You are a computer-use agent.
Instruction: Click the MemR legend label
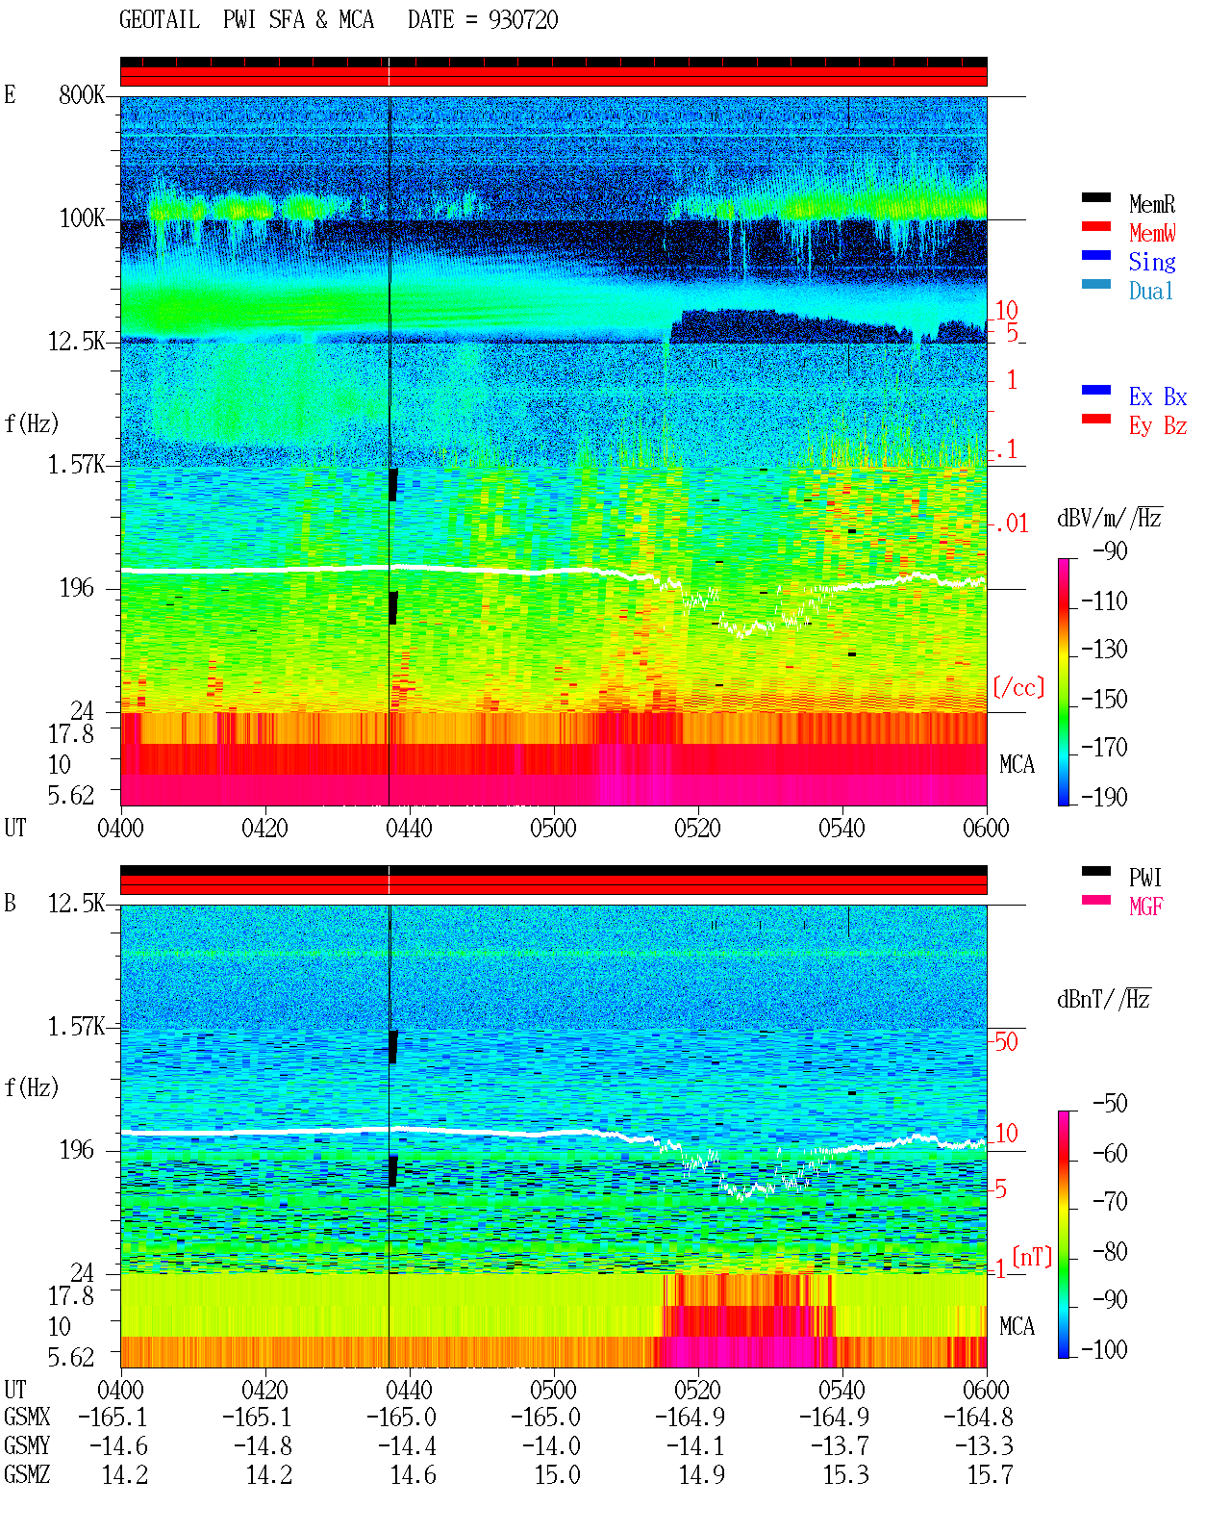(1151, 204)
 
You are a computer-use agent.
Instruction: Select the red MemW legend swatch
(1095, 226)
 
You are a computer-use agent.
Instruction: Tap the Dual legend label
(1150, 292)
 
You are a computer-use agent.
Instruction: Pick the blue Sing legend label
(1151, 262)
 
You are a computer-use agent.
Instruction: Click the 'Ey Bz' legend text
(1157, 426)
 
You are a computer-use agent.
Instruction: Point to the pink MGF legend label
(1145, 907)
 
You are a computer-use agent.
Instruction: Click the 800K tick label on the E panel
(81, 95)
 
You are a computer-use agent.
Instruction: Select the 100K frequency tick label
(82, 218)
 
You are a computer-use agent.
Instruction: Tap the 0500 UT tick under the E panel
(553, 829)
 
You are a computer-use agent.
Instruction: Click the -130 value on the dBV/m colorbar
(1104, 650)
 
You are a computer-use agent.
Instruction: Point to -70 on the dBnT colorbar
(1110, 1202)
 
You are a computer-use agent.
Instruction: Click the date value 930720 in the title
(523, 20)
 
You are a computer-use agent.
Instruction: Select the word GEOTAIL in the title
(160, 20)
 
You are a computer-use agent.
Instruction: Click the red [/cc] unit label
(1018, 687)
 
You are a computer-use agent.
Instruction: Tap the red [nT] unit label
(1032, 1257)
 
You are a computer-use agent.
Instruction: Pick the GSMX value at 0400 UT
(113, 1417)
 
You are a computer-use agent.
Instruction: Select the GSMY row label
(27, 1445)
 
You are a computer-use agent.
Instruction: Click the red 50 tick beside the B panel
(1006, 1042)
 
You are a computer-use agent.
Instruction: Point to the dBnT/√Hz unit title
(1104, 1000)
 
